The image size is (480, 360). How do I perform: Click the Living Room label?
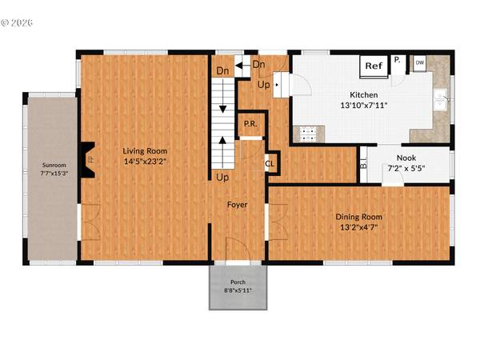coord(145,150)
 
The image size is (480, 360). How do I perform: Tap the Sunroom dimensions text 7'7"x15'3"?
coord(49,174)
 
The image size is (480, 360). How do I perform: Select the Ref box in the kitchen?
coord(373,66)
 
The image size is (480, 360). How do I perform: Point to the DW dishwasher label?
coord(419,62)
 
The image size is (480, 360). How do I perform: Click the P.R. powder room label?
coord(250,125)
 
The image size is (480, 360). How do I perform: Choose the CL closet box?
coord(270,163)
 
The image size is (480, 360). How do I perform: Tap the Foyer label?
coord(237,205)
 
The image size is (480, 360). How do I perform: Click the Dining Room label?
coord(359,217)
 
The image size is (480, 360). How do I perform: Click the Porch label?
coord(238,282)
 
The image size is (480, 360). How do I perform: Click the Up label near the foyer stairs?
coord(222,177)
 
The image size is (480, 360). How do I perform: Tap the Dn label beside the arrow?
coord(258,64)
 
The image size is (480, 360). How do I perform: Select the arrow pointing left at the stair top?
coord(239,62)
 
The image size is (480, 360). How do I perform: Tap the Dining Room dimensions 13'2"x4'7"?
coord(359,227)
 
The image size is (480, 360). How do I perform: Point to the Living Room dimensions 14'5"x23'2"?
coord(145,162)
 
